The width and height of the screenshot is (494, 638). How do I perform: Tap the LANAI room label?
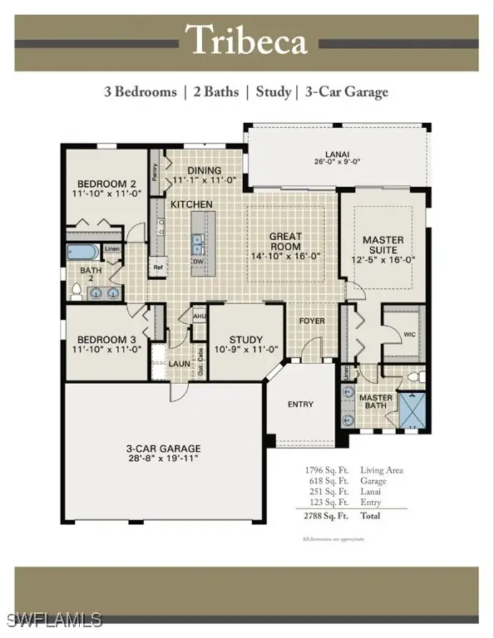pos(337,157)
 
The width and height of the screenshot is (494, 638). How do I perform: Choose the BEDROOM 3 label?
pos(106,345)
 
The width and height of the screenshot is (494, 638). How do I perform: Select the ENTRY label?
pos(300,405)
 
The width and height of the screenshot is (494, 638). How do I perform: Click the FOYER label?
pos(312,321)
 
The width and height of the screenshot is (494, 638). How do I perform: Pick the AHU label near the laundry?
pos(199,317)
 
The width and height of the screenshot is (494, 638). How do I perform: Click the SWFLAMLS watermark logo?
pos(52,620)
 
